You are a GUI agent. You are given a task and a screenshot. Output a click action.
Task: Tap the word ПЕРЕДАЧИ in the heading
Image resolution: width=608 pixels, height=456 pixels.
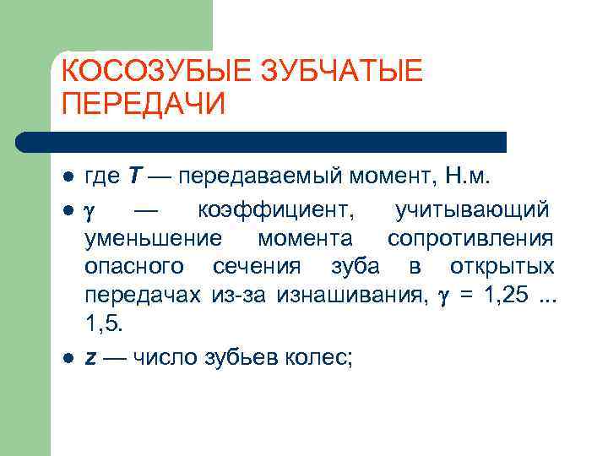[144, 104]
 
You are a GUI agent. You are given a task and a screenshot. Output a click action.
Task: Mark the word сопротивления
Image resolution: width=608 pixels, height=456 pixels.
[470, 238]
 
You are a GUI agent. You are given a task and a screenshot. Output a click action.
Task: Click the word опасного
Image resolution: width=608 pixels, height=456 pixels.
[134, 267]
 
